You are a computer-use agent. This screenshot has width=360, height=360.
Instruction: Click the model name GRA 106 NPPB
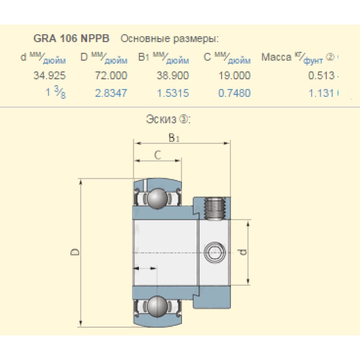point(71,38)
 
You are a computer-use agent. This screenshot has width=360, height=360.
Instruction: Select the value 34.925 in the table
point(50,76)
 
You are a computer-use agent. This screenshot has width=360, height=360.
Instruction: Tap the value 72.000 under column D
point(111,76)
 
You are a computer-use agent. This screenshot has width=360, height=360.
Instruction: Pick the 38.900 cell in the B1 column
point(173,76)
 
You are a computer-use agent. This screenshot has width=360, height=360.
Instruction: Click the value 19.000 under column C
point(234,76)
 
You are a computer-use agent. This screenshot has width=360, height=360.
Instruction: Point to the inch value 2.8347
point(111,93)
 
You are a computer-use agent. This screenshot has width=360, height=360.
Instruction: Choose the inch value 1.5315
point(173,93)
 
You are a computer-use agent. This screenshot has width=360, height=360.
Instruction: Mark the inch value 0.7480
point(234,93)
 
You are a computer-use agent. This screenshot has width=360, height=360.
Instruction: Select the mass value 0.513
point(323,76)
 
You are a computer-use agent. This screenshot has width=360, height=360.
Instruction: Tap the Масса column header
point(276,58)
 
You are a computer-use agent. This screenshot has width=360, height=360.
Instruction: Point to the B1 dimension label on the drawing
point(174,138)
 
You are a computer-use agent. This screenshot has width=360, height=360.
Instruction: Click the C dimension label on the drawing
point(157,155)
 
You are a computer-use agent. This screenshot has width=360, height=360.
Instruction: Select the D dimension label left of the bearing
point(75,252)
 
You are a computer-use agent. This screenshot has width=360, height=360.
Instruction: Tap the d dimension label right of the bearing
point(243,252)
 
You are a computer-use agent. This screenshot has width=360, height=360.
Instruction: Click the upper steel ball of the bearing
point(157,198)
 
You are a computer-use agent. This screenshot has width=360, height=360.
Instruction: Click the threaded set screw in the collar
point(215,209)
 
